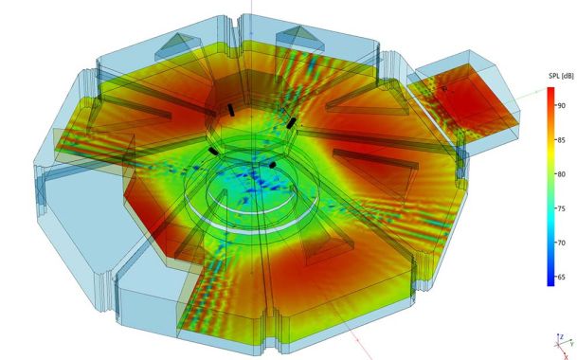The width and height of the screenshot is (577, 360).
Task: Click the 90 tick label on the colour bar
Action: tap(561, 106)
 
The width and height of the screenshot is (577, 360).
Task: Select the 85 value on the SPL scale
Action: tap(561, 140)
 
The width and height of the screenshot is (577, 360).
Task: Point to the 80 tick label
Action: tap(561, 174)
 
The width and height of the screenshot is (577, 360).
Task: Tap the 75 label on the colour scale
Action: tap(561, 208)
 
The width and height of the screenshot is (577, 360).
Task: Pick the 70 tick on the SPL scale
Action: tap(561, 243)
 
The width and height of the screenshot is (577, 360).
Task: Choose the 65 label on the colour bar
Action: tap(561, 278)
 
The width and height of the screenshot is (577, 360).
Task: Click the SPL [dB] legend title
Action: tap(561, 76)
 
